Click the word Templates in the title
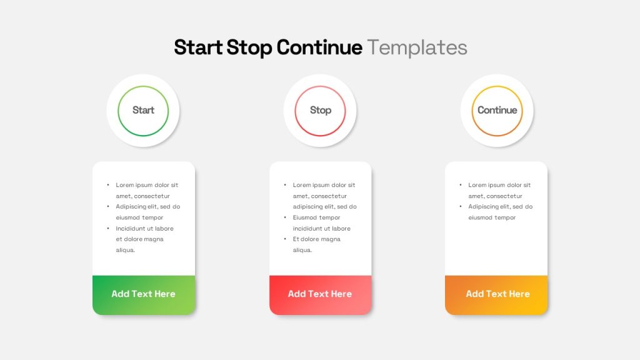point(417,47)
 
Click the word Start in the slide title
point(198,47)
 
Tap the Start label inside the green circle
point(143,110)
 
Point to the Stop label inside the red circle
point(320,110)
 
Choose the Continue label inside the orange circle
point(497,110)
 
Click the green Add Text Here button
point(143,294)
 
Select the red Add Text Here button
point(320,294)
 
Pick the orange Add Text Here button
point(497,294)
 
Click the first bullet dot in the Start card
point(107,185)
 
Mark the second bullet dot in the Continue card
point(461,207)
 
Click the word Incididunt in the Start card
point(131,229)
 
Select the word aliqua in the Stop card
point(302,250)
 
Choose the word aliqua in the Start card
point(125,250)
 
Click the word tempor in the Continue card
point(506,217)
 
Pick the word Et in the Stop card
point(296,239)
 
